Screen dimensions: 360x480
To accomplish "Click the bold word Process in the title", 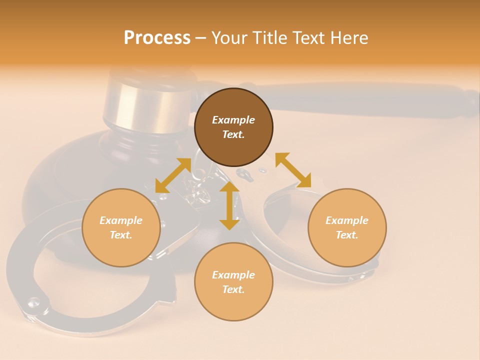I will (x=157, y=38).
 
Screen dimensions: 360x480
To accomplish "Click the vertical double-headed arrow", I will (x=229, y=206).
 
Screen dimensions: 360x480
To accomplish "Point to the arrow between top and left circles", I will (x=173, y=175).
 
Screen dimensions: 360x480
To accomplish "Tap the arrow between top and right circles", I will (x=293, y=170).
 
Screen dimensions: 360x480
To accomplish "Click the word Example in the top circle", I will (x=233, y=120).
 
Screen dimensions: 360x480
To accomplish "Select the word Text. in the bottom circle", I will (x=233, y=289).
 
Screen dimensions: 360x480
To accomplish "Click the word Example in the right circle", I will (x=347, y=220).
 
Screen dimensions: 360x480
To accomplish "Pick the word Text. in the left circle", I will (x=121, y=235).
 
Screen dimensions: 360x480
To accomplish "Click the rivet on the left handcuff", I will (x=34, y=301).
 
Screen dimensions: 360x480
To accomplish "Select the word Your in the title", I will (x=228, y=38).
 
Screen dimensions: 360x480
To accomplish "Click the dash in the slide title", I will (x=200, y=38).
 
